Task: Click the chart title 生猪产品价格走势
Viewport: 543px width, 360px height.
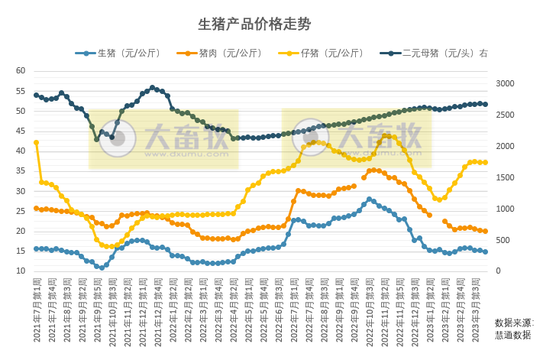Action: point(254,24)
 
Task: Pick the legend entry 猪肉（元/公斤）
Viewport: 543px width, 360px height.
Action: point(230,54)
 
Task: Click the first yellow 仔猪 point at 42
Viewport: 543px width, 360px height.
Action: point(36,142)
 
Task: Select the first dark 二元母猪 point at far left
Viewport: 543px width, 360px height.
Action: point(36,95)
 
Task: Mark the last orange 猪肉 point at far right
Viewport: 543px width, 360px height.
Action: point(485,231)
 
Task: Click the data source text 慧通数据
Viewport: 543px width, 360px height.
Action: point(514,335)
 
